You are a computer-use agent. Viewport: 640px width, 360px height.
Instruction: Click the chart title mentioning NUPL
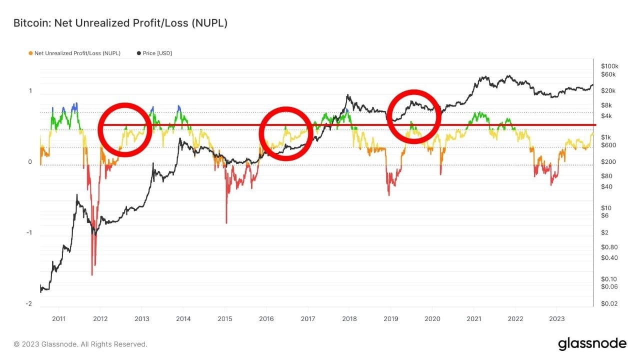pyautogui.click(x=120, y=23)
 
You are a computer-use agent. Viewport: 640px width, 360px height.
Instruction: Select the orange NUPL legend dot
pyautogui.click(x=30, y=53)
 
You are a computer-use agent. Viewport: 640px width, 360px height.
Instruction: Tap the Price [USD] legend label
pyautogui.click(x=157, y=53)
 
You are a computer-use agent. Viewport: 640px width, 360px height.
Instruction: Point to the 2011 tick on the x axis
pyautogui.click(x=58, y=318)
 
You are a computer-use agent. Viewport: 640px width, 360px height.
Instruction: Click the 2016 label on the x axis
pyautogui.click(x=266, y=318)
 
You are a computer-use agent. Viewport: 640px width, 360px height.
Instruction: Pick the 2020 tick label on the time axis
pyautogui.click(x=432, y=318)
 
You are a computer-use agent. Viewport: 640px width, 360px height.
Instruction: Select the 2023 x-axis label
pyautogui.click(x=557, y=318)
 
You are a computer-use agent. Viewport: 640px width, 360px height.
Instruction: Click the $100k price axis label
pyautogui.click(x=609, y=66)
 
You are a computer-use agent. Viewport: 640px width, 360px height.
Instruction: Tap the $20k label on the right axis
pyautogui.click(x=608, y=91)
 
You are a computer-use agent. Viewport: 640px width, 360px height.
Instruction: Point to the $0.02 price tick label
pyautogui.click(x=609, y=303)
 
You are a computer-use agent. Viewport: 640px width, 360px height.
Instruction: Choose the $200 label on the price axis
pyautogui.click(x=608, y=161)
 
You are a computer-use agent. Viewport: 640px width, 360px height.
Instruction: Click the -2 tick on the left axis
pyautogui.click(x=29, y=303)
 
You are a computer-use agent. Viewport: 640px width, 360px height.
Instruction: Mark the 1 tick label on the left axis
pyautogui.click(x=30, y=91)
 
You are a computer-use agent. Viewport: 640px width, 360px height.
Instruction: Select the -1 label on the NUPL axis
pyautogui.click(x=29, y=232)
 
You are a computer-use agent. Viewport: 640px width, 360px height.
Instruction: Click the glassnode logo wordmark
pyautogui.click(x=592, y=343)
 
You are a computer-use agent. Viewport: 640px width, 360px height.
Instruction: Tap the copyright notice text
pyautogui.click(x=80, y=344)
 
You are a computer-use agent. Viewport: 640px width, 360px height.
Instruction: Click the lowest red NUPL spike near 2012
pyautogui.click(x=92, y=274)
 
